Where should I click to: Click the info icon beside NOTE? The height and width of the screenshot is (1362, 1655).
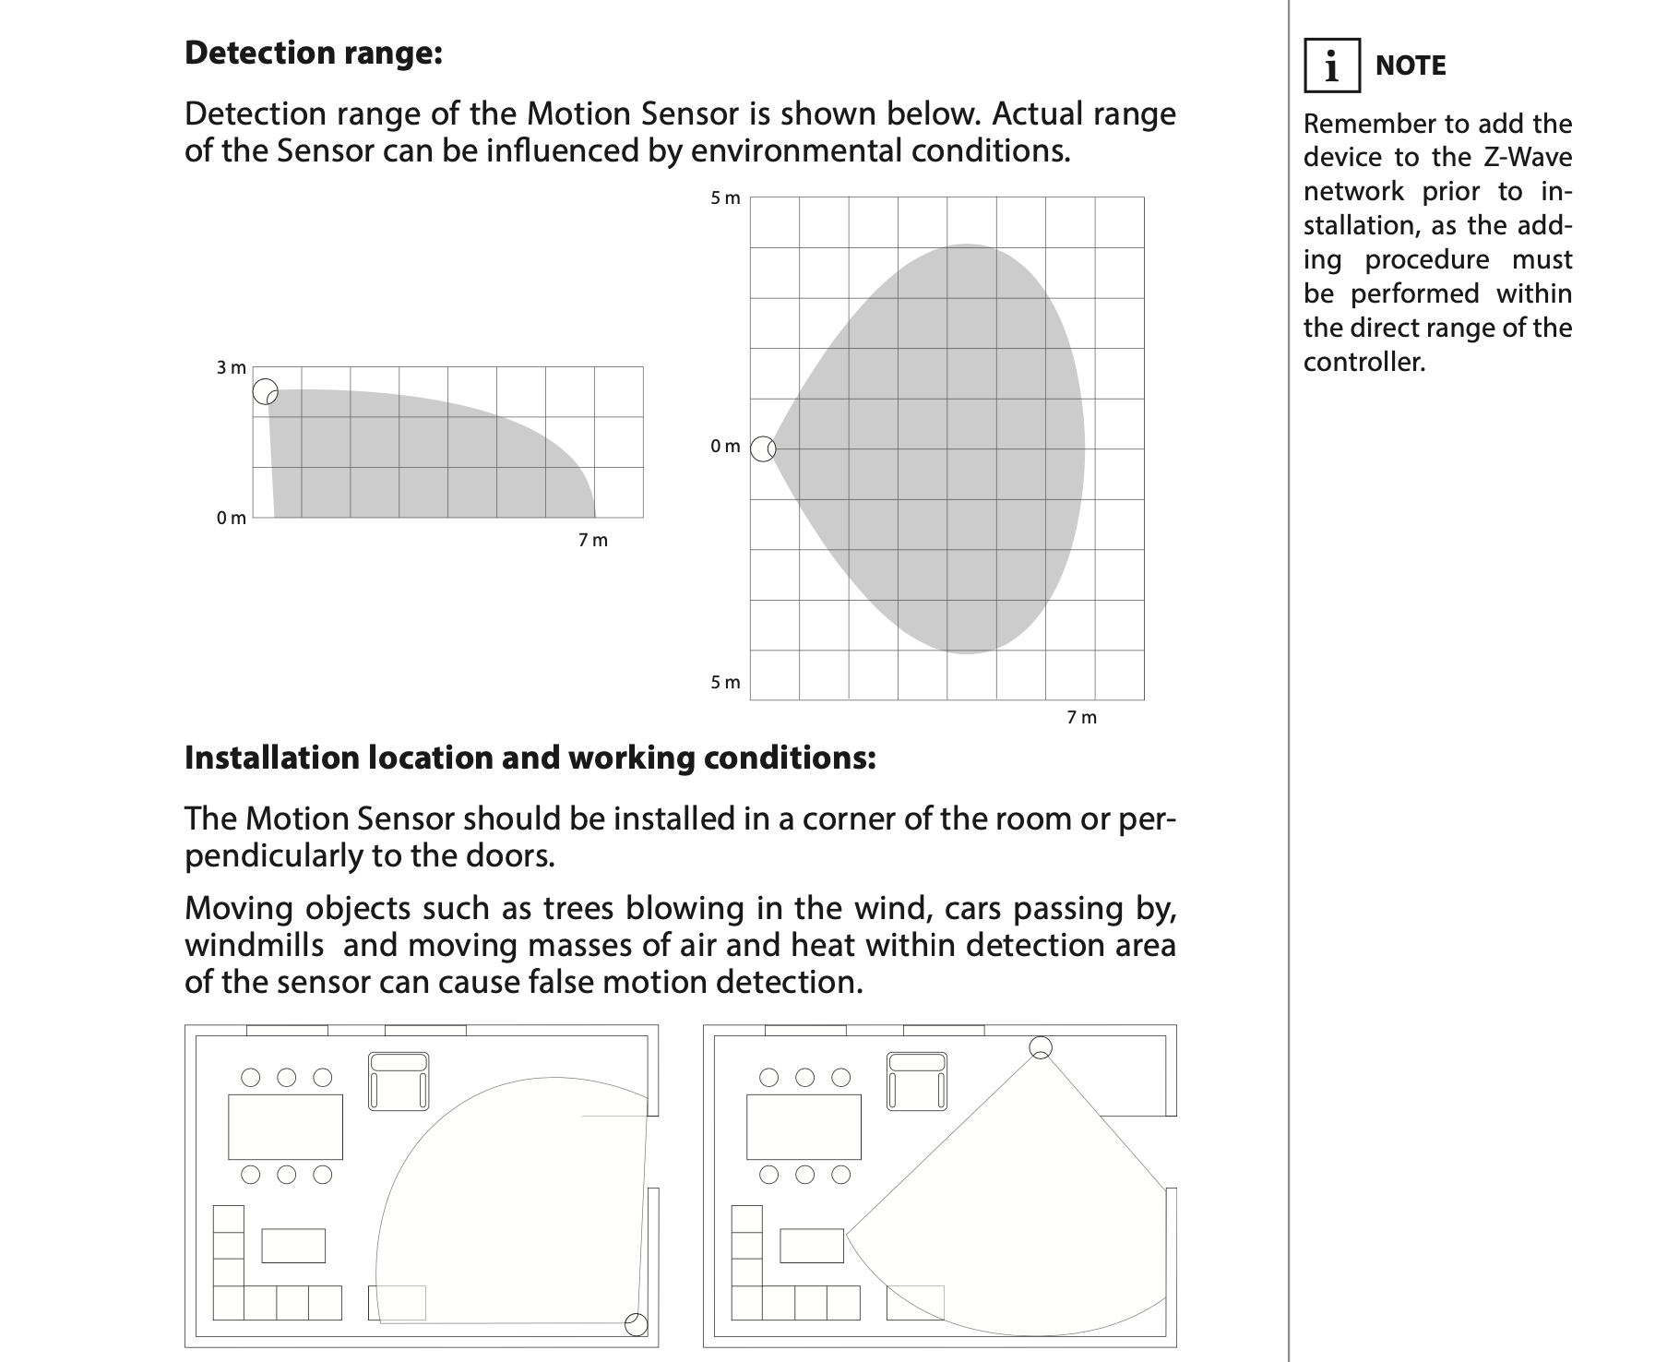(1331, 66)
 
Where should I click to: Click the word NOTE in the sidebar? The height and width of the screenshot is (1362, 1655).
(1410, 66)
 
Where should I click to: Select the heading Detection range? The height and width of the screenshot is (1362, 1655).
(314, 53)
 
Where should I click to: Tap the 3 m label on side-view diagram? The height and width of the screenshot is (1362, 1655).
(232, 368)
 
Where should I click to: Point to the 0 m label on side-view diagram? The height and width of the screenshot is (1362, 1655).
(232, 519)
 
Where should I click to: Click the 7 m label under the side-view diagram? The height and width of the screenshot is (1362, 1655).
(593, 541)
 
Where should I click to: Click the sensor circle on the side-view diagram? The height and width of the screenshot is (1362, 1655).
(266, 391)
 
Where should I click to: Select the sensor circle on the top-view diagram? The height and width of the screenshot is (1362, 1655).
(763, 449)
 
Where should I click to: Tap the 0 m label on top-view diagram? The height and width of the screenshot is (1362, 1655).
(725, 447)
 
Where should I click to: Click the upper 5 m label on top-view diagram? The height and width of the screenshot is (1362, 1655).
(725, 198)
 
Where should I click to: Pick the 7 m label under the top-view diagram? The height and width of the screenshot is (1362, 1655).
(1082, 718)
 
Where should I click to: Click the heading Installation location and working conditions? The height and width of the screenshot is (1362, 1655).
(530, 758)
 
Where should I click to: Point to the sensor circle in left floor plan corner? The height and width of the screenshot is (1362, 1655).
(637, 1325)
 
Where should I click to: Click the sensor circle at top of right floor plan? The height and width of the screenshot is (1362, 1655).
(1041, 1047)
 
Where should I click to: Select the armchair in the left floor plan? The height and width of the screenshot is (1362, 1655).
(399, 1081)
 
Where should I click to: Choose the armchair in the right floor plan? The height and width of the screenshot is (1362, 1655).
(917, 1081)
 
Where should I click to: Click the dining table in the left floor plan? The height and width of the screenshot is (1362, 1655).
(285, 1127)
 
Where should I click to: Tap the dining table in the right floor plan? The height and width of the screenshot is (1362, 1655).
(804, 1127)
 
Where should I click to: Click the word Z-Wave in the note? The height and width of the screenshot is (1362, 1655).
(1528, 158)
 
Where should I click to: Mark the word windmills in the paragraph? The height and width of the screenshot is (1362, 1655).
(254, 946)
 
